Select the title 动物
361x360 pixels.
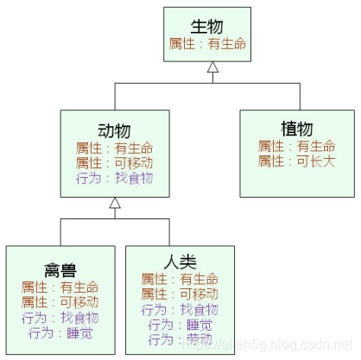(x=114, y=130)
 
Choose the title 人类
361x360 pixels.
(x=180, y=262)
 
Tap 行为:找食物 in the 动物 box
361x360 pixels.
(x=114, y=177)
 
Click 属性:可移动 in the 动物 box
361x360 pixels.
(x=114, y=161)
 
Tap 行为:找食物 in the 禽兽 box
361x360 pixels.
(x=60, y=318)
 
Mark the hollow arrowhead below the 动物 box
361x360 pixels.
(x=114, y=205)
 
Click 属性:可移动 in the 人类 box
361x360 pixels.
(x=180, y=294)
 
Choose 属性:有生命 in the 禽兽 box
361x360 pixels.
(x=60, y=287)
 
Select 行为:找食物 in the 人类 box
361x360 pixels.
(x=180, y=309)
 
